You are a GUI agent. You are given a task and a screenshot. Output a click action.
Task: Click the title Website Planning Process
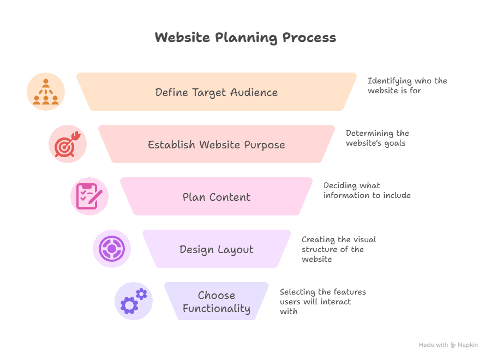[x=245, y=38]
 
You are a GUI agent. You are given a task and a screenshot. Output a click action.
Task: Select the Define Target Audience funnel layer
[x=217, y=92]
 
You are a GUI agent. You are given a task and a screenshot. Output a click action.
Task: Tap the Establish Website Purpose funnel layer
[x=217, y=145]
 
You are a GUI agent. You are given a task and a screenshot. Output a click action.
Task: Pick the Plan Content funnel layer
[x=217, y=197]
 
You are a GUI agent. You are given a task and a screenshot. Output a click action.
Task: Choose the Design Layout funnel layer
[x=217, y=249]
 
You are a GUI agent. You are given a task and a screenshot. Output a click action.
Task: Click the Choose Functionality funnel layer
[x=217, y=302]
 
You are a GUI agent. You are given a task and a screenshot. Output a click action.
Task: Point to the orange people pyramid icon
[x=46, y=92]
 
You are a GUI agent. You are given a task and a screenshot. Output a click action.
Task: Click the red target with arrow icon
[x=68, y=144]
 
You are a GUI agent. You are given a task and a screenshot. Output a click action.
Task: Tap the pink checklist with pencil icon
[x=89, y=196]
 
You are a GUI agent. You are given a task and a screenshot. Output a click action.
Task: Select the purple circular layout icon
[x=112, y=249]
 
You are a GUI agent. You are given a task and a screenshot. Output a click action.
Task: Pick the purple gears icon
[x=134, y=301]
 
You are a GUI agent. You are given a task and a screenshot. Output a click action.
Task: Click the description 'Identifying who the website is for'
[x=407, y=86]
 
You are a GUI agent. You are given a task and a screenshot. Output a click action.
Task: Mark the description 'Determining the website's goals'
[x=377, y=138]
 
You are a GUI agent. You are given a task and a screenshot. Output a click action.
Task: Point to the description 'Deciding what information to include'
[x=367, y=190]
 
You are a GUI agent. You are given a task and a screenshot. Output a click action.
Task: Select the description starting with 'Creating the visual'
[x=338, y=249]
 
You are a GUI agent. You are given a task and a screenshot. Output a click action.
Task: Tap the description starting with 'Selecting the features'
[x=322, y=302]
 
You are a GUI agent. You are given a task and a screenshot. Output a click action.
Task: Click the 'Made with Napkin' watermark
[x=448, y=345]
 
